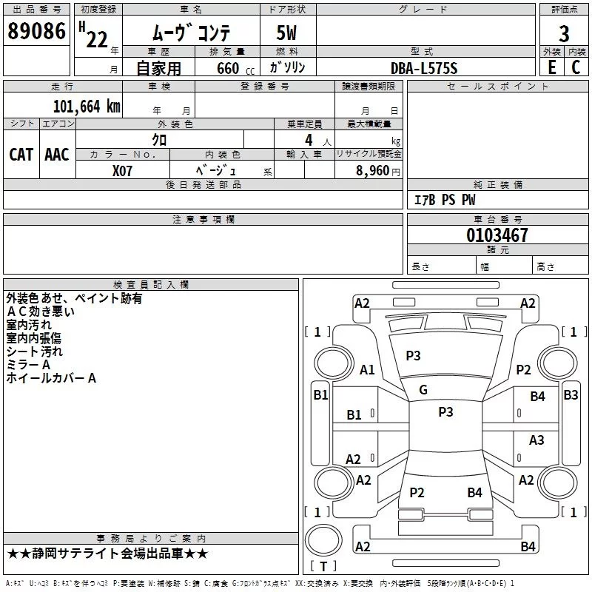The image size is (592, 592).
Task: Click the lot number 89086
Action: click(36, 32)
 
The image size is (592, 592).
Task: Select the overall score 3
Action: click(564, 33)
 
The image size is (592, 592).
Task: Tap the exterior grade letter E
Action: click(551, 67)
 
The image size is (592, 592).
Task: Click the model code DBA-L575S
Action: click(424, 68)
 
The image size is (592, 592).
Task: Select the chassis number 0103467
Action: click(497, 236)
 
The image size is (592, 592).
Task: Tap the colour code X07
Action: click(124, 169)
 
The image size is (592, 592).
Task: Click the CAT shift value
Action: click(21, 154)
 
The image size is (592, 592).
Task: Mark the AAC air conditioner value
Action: click(57, 154)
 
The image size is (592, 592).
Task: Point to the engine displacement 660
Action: click(227, 68)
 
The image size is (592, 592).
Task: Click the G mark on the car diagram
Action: click(423, 389)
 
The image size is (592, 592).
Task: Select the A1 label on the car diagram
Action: click(367, 370)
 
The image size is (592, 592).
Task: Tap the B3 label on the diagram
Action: click(571, 394)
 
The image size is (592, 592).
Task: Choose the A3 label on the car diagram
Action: click(536, 440)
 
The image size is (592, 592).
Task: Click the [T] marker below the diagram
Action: click(323, 567)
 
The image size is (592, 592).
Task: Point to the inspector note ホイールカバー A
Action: click(52, 378)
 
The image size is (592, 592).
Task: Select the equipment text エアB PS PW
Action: click(445, 200)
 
